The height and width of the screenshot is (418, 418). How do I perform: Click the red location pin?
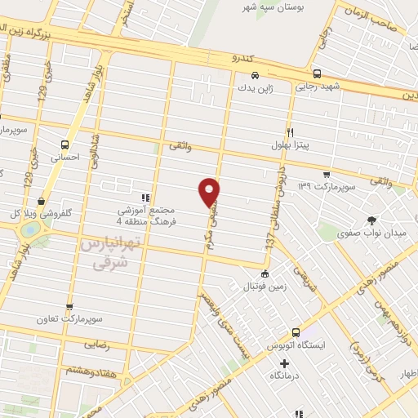point(210,190)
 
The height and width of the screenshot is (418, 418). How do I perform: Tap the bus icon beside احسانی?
point(64,144)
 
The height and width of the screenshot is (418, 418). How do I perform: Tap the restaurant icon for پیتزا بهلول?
point(289,131)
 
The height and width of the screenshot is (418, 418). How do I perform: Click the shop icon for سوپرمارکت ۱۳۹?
point(327,174)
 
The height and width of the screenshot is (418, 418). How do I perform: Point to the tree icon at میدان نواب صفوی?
point(372,220)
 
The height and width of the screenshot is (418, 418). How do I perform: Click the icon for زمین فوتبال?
point(264,275)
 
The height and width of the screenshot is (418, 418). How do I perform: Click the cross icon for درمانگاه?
point(284,363)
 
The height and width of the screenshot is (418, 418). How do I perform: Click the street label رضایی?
point(96,345)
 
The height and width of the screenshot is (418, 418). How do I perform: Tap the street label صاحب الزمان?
point(384,26)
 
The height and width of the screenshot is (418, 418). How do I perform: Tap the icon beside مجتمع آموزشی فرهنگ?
point(145,197)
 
